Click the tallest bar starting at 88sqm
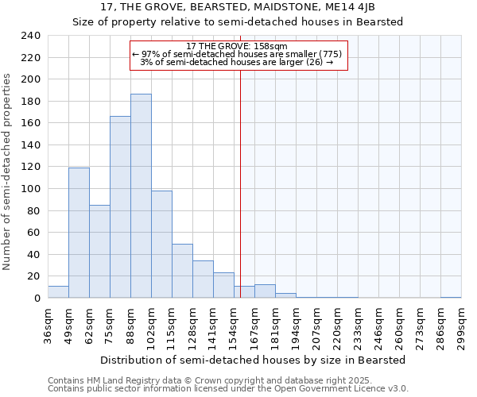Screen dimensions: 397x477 (x=141, y=196)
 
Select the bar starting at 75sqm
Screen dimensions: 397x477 (x=120, y=207)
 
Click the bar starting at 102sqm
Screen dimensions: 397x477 (x=161, y=245)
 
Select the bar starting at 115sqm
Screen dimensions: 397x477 (x=182, y=271)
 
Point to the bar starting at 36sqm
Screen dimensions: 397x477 (x=58, y=292)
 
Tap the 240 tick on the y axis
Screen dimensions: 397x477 (x=31, y=36)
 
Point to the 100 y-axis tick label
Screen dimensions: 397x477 (x=31, y=189)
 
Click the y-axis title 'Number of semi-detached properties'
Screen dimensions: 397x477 (x=8, y=172)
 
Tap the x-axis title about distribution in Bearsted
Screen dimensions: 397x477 (x=254, y=360)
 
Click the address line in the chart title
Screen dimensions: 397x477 (x=238, y=7)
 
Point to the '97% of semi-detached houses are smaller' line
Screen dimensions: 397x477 (x=237, y=54)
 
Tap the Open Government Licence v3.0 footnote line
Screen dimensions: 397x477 (x=227, y=389)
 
